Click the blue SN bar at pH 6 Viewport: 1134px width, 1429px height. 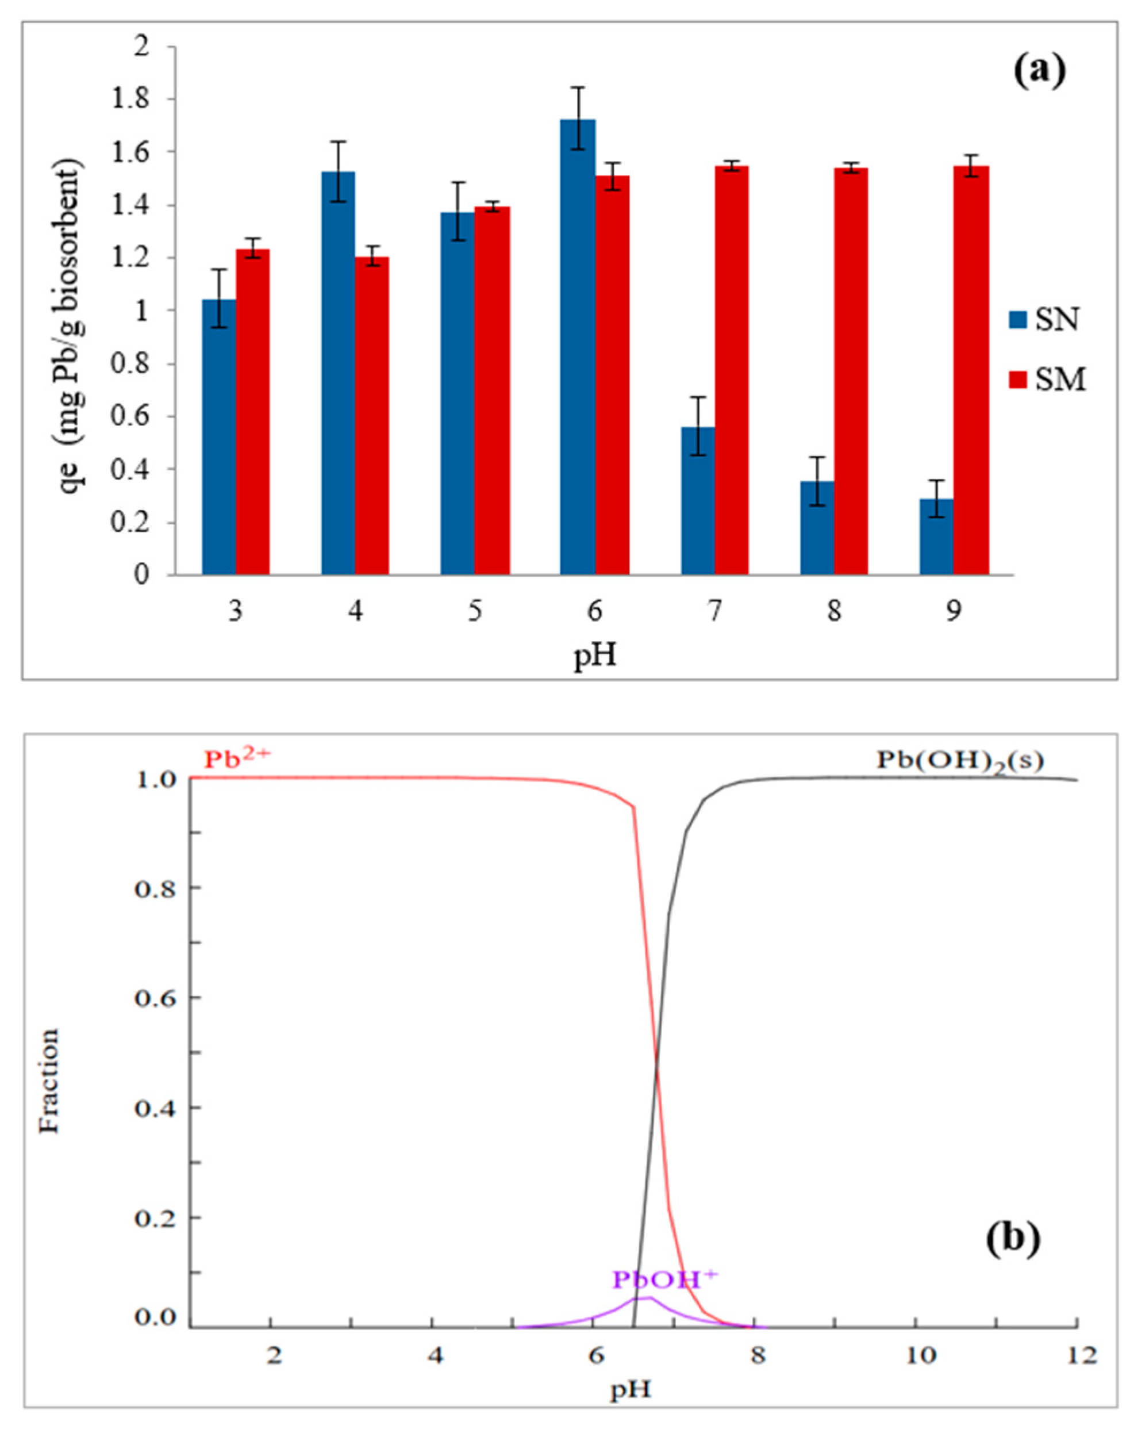coord(577,348)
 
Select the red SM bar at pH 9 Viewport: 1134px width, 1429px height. coord(970,371)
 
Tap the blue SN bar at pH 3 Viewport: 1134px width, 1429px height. coord(218,438)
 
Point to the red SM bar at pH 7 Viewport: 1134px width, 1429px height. coord(731,371)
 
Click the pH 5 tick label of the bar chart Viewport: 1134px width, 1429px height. coord(474,612)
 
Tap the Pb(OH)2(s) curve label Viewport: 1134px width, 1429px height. coord(960,761)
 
